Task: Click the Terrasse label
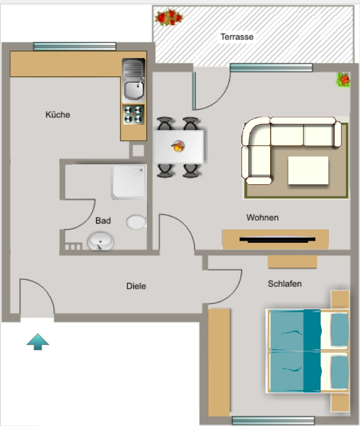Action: (x=237, y=37)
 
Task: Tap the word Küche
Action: (x=58, y=114)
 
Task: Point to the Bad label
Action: (x=103, y=221)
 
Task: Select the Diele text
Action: (x=136, y=286)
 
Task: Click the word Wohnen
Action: (x=263, y=217)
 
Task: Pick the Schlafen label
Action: (x=285, y=283)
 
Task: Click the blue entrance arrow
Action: (x=38, y=342)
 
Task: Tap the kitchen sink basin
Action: (x=133, y=89)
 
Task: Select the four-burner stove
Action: (x=133, y=114)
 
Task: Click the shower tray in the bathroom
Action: (x=129, y=182)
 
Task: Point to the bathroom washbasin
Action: (x=100, y=241)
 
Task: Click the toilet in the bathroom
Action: (x=136, y=222)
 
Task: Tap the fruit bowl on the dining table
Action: (x=178, y=146)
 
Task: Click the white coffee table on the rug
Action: (x=308, y=170)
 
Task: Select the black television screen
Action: (x=277, y=239)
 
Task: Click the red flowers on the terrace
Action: (x=169, y=18)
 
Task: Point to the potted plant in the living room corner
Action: (x=343, y=80)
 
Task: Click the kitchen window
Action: (x=75, y=46)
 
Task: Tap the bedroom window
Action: (x=273, y=420)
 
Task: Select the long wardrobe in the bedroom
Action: (x=219, y=363)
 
